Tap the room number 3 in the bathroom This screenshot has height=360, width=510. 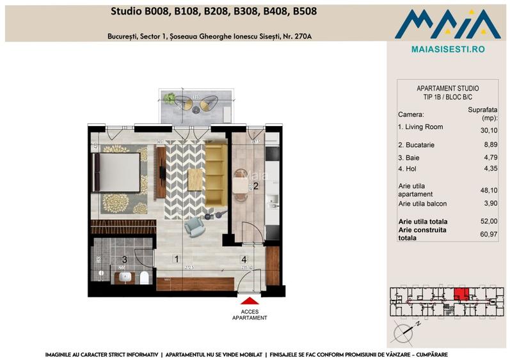125,260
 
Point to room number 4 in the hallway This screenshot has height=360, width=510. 244,260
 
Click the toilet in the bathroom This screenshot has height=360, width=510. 144,277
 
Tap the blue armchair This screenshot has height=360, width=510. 193,225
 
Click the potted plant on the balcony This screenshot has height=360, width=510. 169,98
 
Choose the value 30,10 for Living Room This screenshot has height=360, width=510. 488,130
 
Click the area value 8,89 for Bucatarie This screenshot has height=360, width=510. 490,145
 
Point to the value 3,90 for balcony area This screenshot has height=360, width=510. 490,203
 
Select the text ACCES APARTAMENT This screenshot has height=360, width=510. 250,314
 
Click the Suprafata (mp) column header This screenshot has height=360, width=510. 483,114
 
